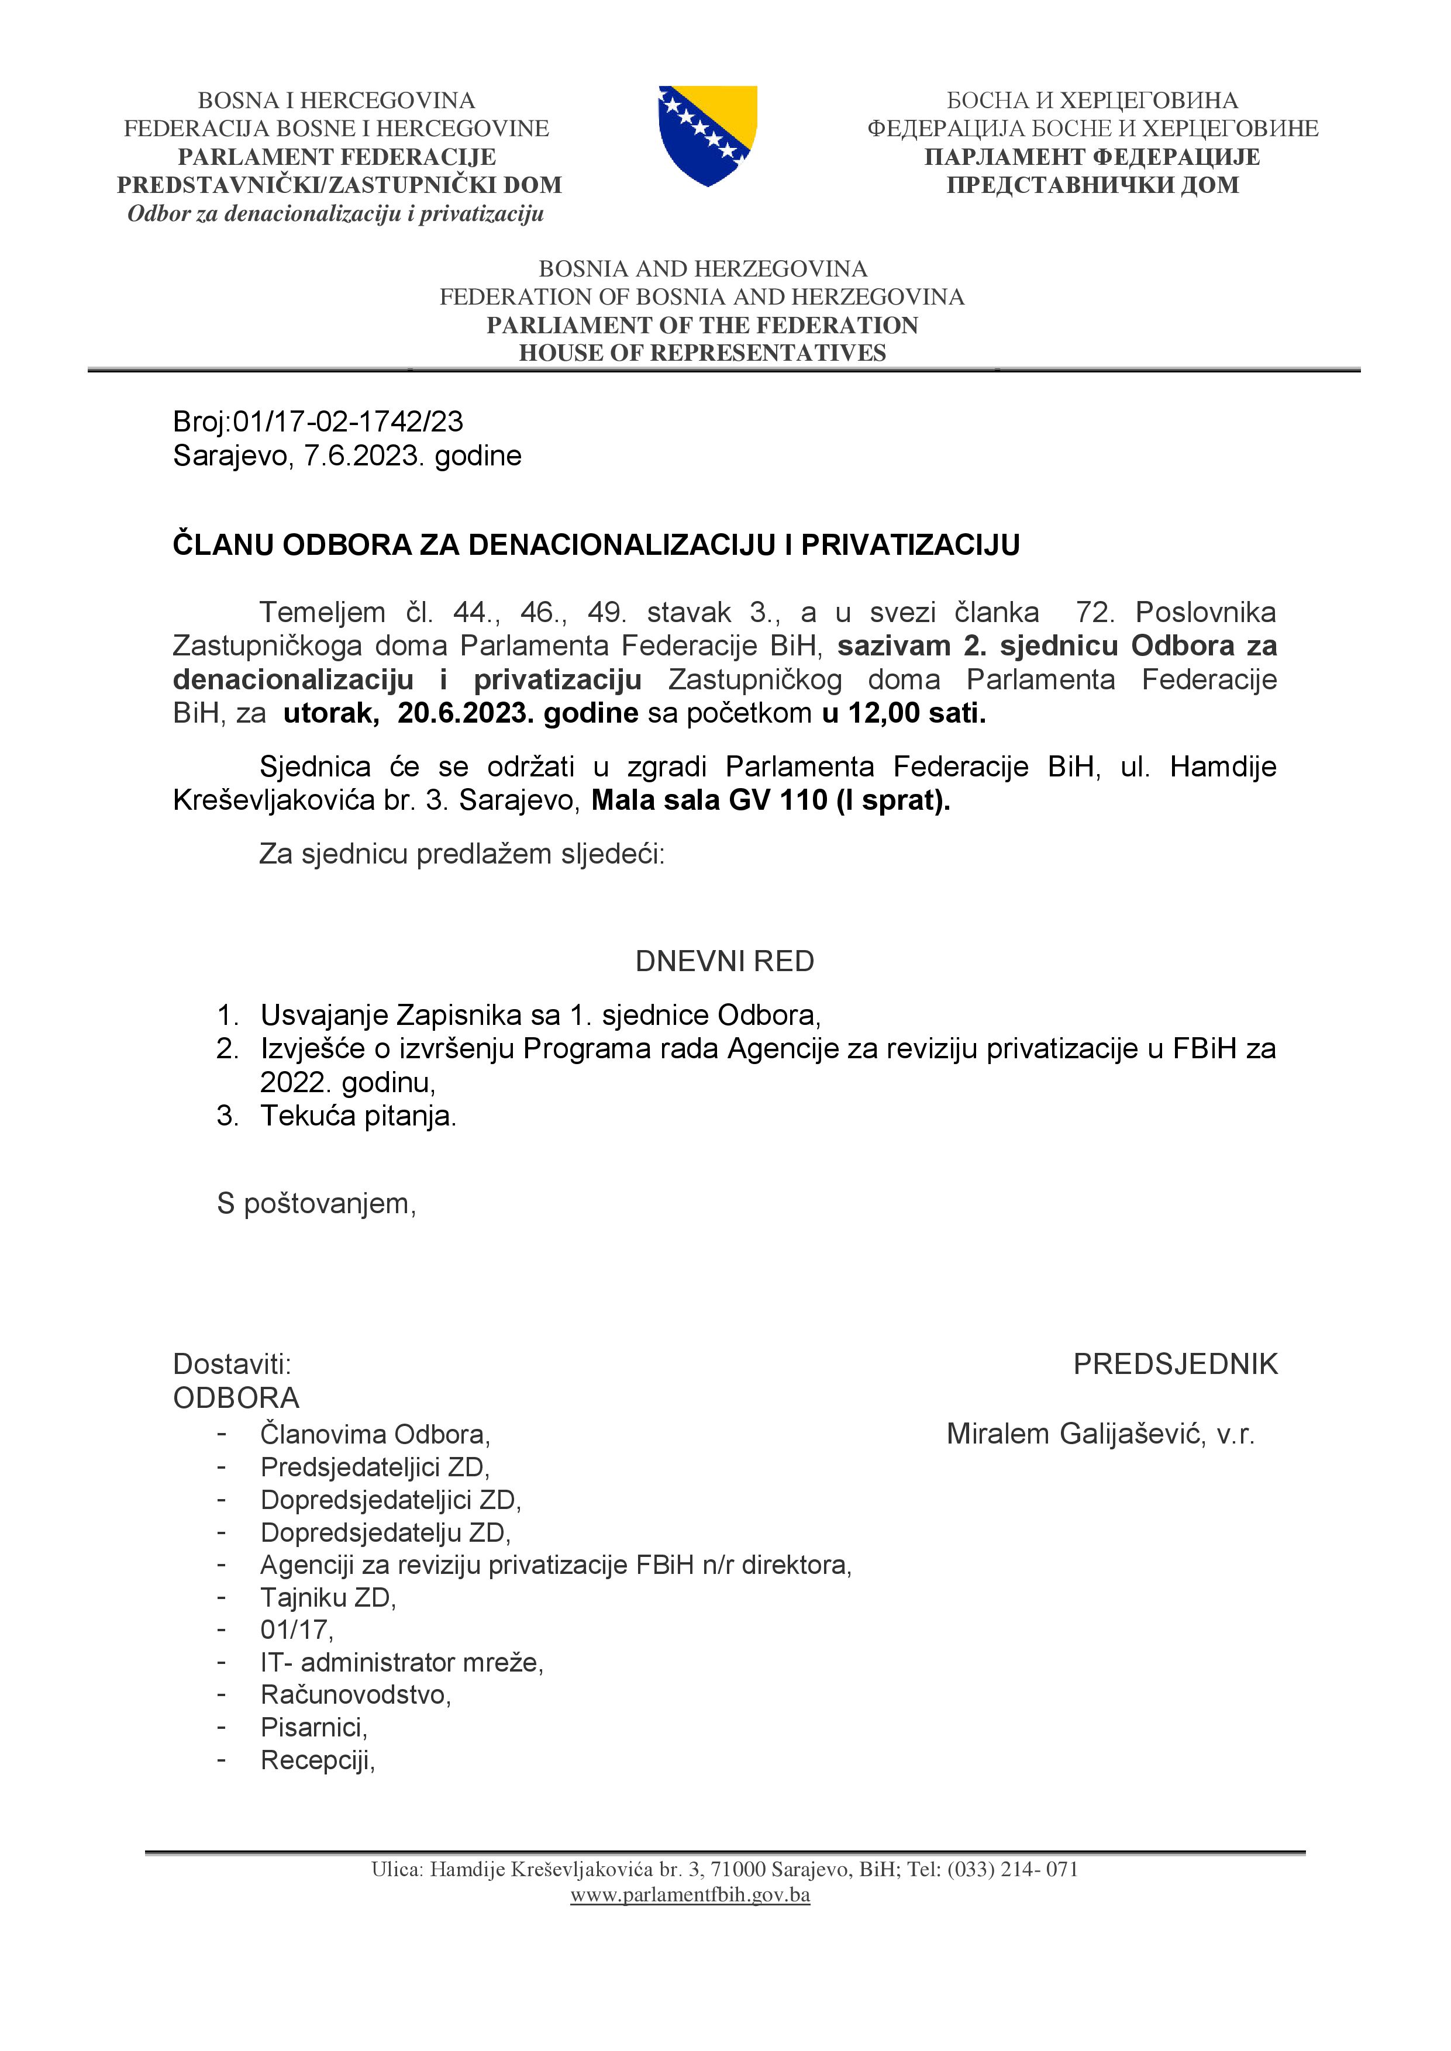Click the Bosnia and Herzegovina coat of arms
708,135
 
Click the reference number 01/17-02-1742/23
347,421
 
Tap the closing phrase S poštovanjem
316,1203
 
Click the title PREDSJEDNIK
1175,1364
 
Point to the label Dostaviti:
232,1364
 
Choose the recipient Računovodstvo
356,1694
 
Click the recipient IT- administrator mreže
402,1662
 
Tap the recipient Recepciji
317,1760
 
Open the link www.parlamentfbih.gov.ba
690,1895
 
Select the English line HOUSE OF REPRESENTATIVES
702,353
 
